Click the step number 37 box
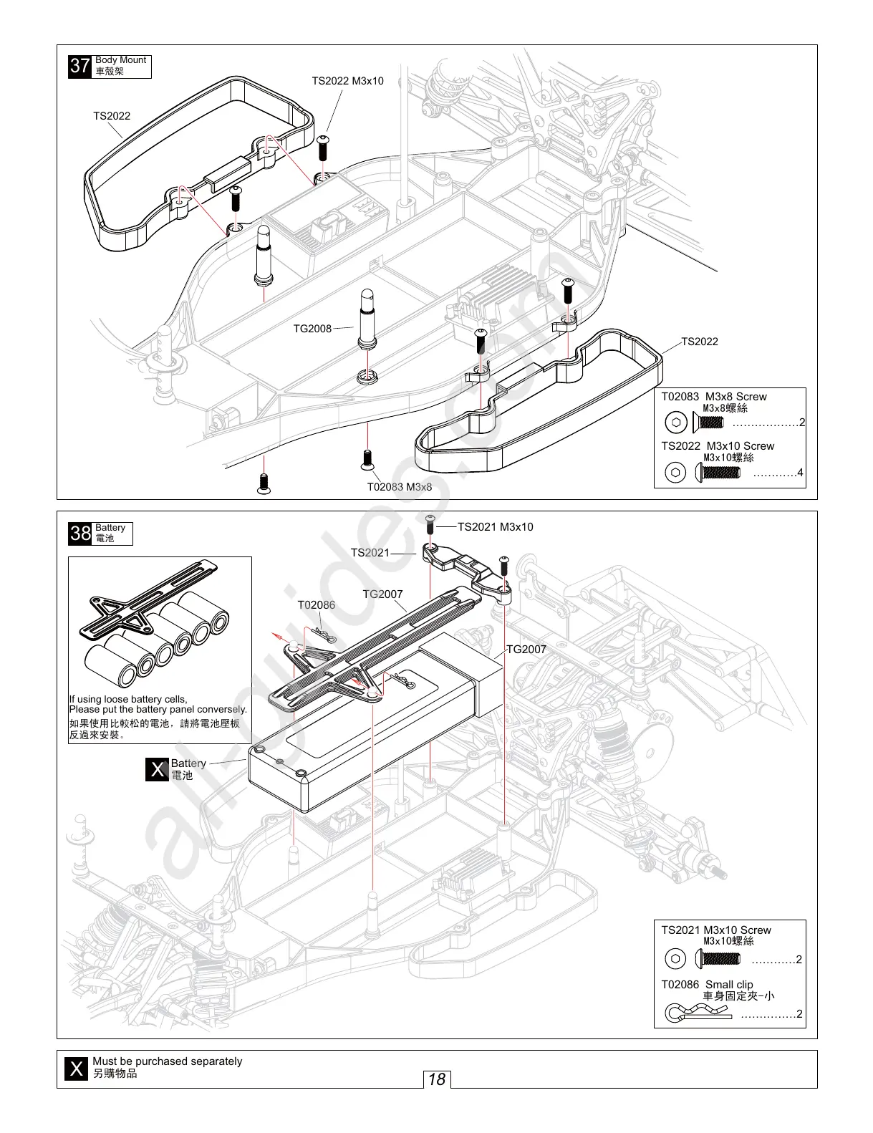pyautogui.click(x=79, y=67)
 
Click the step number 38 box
pyautogui.click(x=79, y=534)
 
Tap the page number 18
pyautogui.click(x=436, y=1079)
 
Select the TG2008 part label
pyautogui.click(x=312, y=329)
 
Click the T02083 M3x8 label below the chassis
pyautogui.click(x=400, y=487)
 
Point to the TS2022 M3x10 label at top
pyautogui.click(x=347, y=81)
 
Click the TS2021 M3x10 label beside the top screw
pyautogui.click(x=495, y=527)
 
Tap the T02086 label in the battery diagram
pyautogui.click(x=316, y=604)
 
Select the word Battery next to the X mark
pyautogui.click(x=188, y=763)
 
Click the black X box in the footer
pyautogui.click(x=74, y=1069)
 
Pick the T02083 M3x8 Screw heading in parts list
pyautogui.click(x=713, y=397)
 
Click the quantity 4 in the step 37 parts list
pyautogui.click(x=800, y=473)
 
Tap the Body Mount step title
pyautogui.click(x=120, y=60)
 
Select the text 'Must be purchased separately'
pyautogui.click(x=167, y=1061)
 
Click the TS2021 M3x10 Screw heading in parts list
pyautogui.click(x=715, y=930)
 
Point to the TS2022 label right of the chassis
pyautogui.click(x=699, y=342)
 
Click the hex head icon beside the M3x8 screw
pyautogui.click(x=675, y=423)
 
